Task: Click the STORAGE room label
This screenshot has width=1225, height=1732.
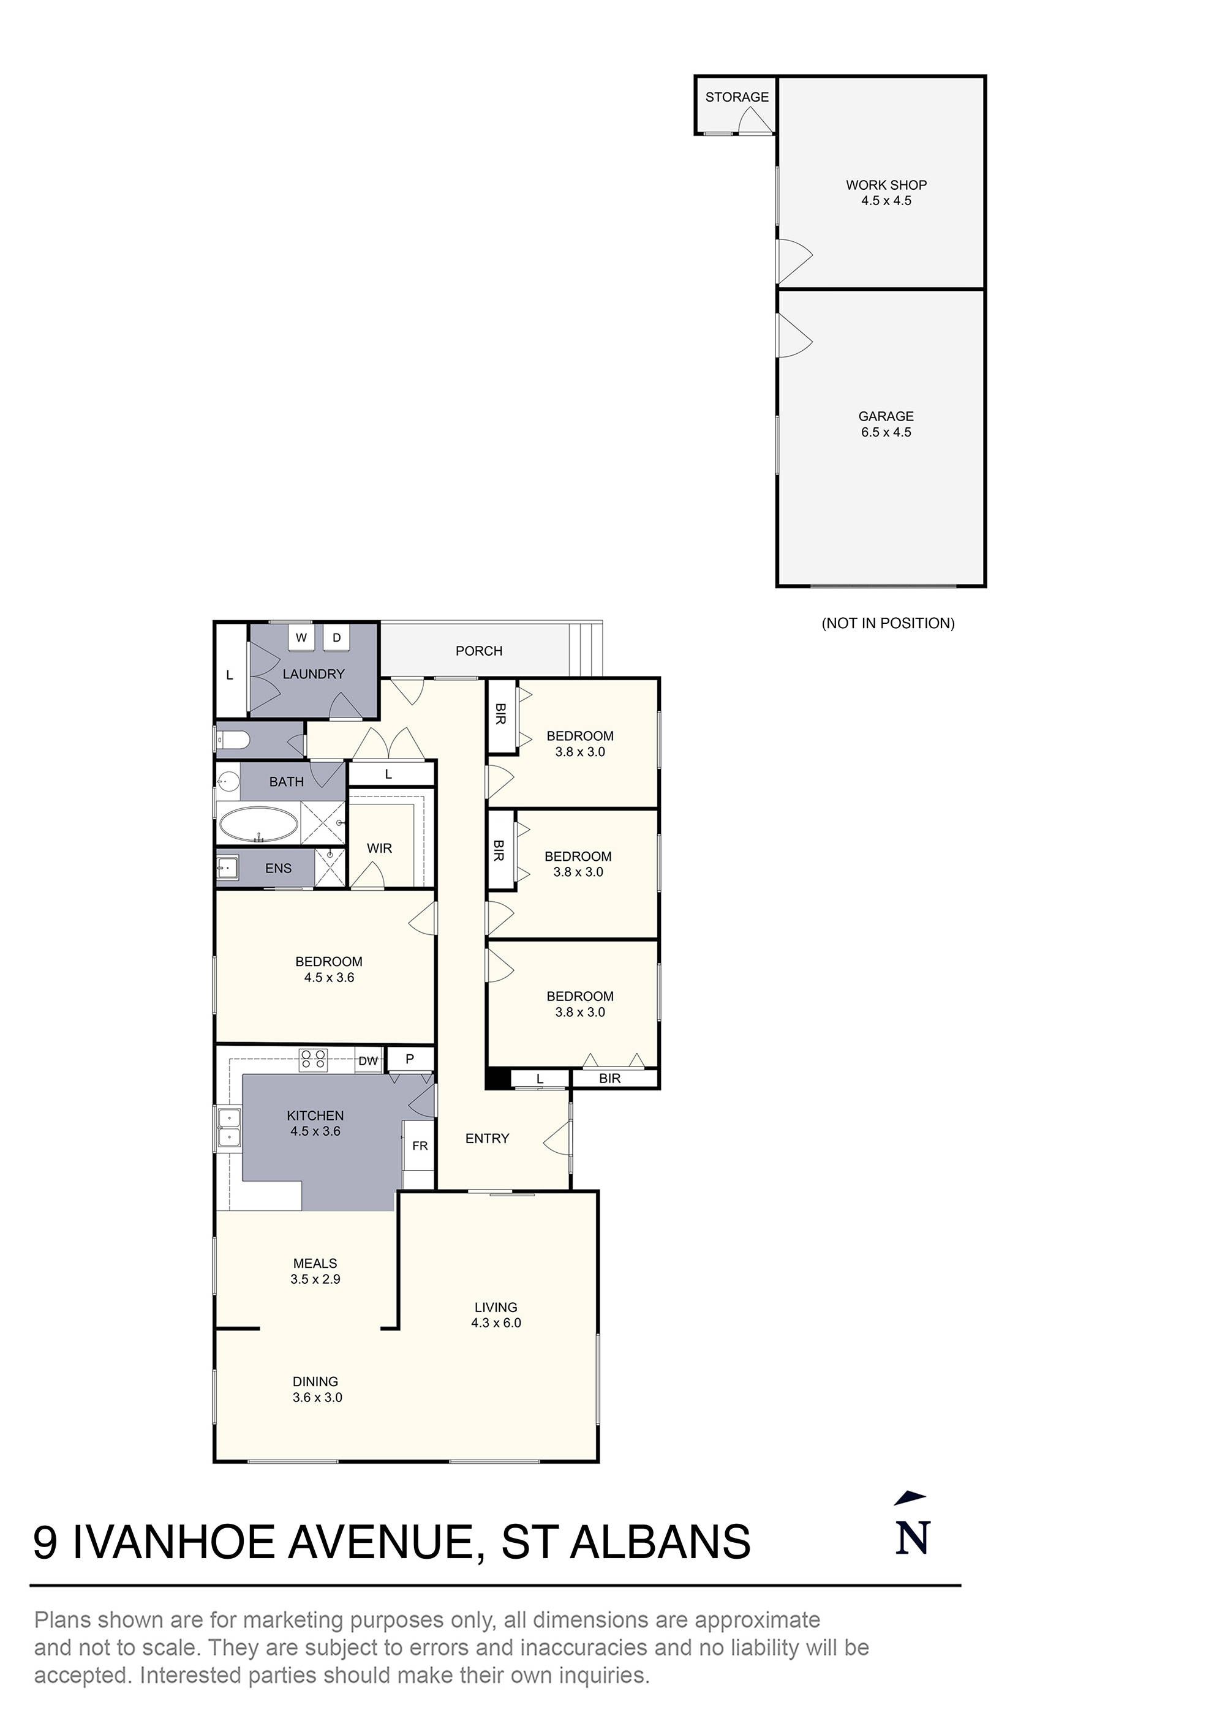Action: pyautogui.click(x=737, y=97)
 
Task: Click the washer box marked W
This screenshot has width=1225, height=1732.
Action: pyautogui.click(x=301, y=637)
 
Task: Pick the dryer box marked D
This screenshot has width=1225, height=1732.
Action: pyautogui.click(x=337, y=637)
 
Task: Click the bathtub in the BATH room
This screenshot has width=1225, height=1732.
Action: pyautogui.click(x=257, y=825)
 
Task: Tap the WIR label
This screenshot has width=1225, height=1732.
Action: pyautogui.click(x=379, y=848)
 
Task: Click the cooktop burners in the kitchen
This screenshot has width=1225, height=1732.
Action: pyautogui.click(x=313, y=1060)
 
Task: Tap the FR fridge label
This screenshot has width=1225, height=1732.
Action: pyautogui.click(x=420, y=1146)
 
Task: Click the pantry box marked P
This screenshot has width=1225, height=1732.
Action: pyautogui.click(x=410, y=1059)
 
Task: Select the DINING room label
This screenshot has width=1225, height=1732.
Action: pyautogui.click(x=315, y=1381)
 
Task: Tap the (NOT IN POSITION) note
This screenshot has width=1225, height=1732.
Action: pyautogui.click(x=888, y=623)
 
